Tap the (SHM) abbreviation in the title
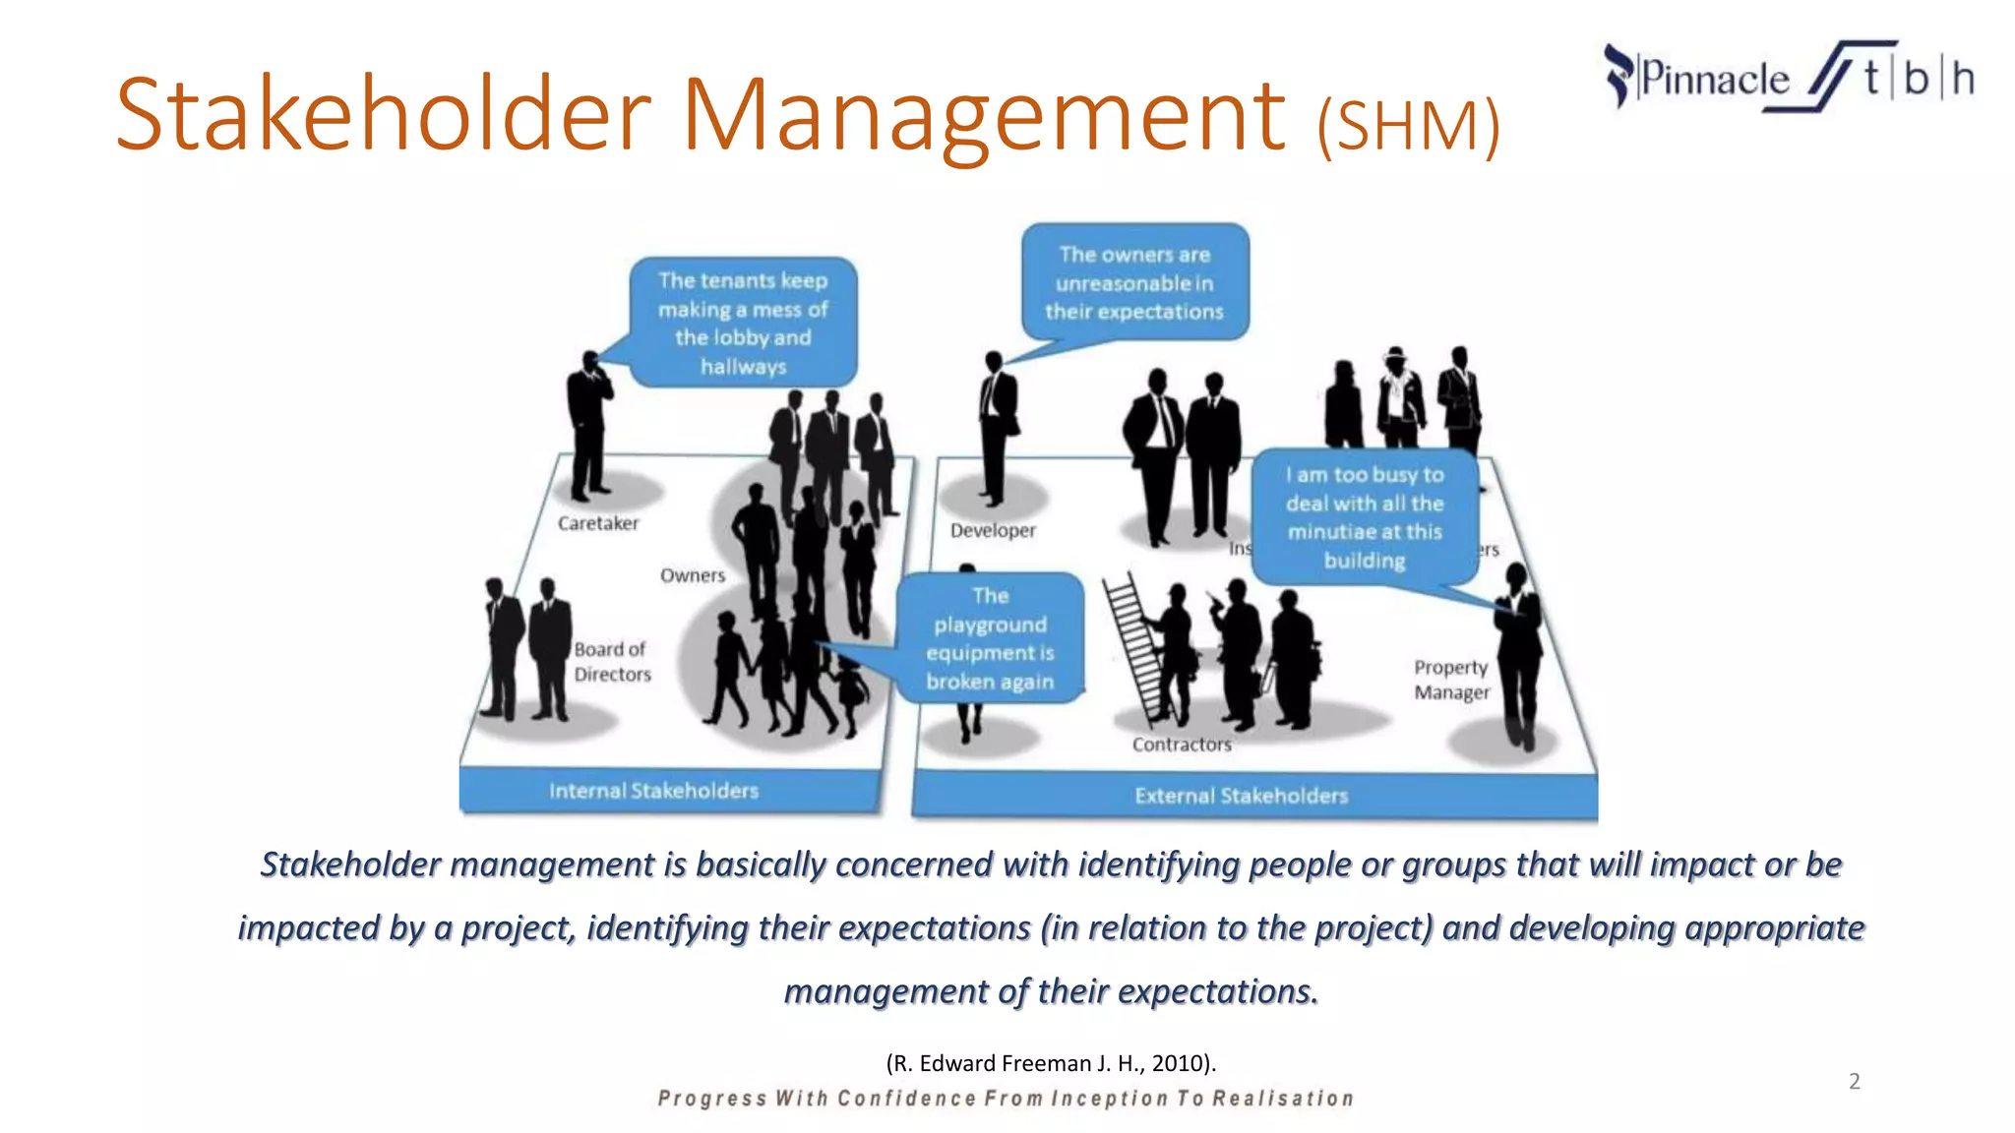1408,126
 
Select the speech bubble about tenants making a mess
743,323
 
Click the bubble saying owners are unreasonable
1134,283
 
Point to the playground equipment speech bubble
990,638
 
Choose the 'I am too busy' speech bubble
1365,517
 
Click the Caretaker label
598,523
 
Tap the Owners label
693,575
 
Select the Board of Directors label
612,662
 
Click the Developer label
993,530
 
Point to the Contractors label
1182,745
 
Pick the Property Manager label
1451,680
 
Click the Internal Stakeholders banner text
654,791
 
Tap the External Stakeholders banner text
1241,796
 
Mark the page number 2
1855,1082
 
